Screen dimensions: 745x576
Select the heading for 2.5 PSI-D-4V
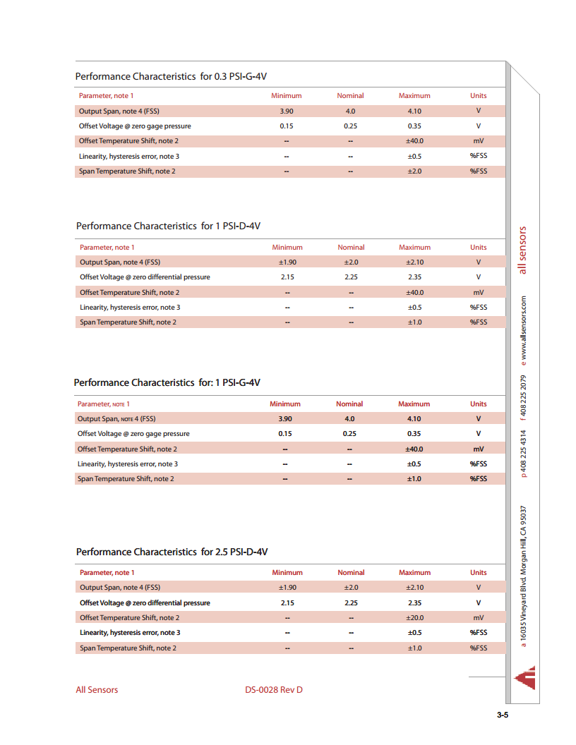tap(172, 552)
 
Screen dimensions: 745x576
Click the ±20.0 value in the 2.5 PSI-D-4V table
tap(414, 617)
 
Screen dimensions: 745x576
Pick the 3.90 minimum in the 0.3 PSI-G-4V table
tap(287, 111)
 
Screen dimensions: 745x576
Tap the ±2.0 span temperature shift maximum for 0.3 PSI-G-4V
tap(414, 171)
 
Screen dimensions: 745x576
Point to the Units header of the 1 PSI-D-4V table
tap(479, 248)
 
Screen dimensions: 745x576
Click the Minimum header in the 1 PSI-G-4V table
tap(285, 404)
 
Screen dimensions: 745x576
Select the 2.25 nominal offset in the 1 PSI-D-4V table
tap(351, 277)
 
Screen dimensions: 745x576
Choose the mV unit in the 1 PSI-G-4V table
tap(479, 449)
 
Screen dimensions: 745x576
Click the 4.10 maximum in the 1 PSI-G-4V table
tap(414, 418)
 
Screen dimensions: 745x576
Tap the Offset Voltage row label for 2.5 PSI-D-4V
tap(145, 603)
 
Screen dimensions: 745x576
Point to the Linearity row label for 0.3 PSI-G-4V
tap(128, 157)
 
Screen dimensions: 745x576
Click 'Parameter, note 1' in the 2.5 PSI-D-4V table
tap(107, 573)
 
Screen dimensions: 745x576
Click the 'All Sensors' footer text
tap(97, 689)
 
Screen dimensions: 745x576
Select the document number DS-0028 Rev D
tap(273, 689)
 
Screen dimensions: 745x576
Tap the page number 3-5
tap(503, 715)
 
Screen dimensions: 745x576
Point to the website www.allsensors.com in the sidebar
tap(524, 330)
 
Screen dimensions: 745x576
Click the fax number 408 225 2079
tap(524, 399)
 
